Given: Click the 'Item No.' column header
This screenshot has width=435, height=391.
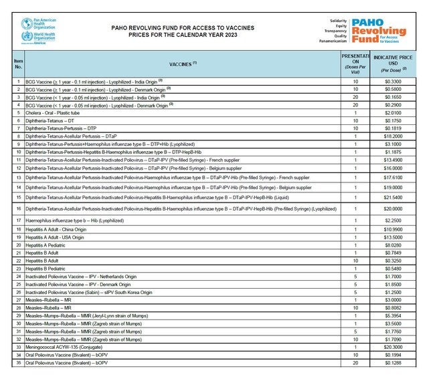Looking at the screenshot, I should pos(18,64).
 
